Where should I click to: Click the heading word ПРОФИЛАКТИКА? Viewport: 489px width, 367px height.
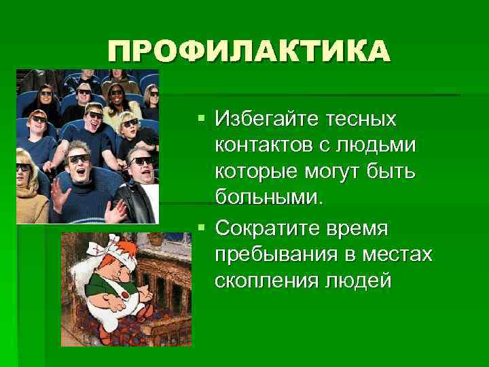[249, 52]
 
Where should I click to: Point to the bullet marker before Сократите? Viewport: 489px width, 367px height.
[200, 228]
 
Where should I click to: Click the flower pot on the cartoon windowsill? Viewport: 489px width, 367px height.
[156, 239]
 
